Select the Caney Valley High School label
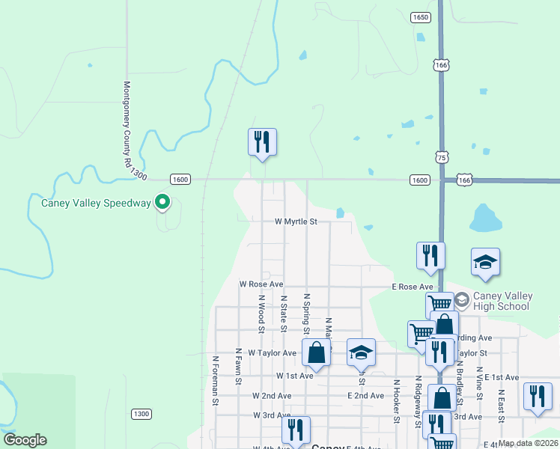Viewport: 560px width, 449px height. point(502,301)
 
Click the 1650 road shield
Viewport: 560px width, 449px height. point(420,17)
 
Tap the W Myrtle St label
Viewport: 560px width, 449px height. point(296,222)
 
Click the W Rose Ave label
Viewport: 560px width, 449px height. point(261,284)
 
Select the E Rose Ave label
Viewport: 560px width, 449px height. point(413,287)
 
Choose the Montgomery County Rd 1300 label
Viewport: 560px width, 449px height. point(132,129)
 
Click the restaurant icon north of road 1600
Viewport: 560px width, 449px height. point(262,141)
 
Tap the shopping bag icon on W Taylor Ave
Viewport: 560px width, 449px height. point(317,353)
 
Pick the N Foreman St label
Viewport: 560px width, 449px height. point(215,381)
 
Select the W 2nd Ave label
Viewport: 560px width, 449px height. point(272,395)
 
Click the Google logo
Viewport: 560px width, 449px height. point(25,440)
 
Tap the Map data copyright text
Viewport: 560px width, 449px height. point(529,443)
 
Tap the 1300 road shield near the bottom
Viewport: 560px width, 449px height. point(141,414)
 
